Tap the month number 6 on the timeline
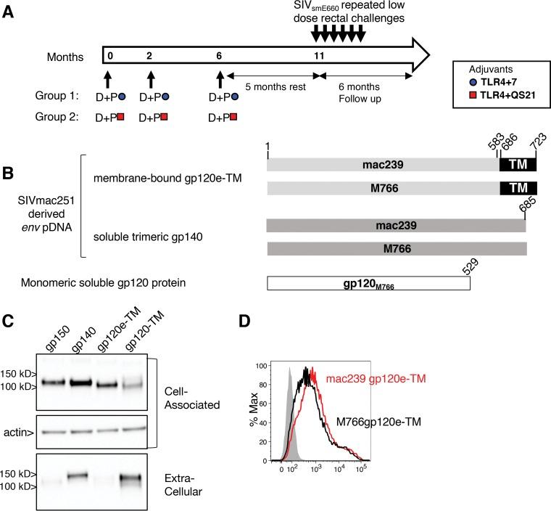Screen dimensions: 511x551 (219, 56)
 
